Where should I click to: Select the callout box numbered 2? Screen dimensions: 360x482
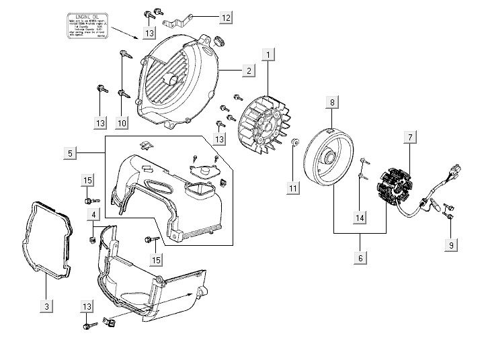pyautogui.click(x=248, y=71)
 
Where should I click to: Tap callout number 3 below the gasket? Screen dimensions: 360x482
pyautogui.click(x=46, y=306)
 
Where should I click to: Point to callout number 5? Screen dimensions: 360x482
pyautogui.click(x=71, y=154)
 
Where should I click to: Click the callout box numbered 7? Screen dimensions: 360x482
pyautogui.click(x=408, y=138)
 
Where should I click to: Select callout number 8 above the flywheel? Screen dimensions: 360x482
pyautogui.click(x=331, y=102)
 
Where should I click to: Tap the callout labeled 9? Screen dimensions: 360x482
pyautogui.click(x=451, y=246)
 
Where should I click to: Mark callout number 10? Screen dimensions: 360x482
pyautogui.click(x=122, y=123)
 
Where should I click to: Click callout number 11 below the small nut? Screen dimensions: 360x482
pyautogui.click(x=293, y=189)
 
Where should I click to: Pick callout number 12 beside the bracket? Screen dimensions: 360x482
pyautogui.click(x=225, y=16)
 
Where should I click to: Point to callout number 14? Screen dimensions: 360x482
pyautogui.click(x=360, y=218)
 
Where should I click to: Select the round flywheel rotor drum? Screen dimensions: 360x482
pyautogui.click(x=333, y=159)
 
